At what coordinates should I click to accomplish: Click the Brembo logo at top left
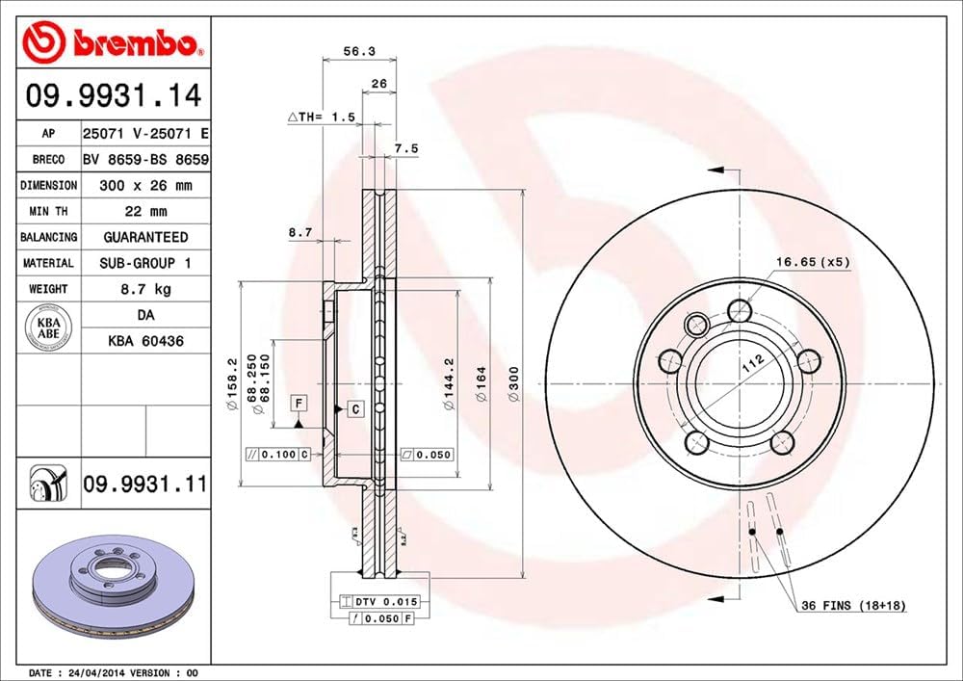click(114, 41)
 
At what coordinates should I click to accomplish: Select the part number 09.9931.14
click(114, 96)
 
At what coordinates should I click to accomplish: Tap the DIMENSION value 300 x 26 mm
click(146, 185)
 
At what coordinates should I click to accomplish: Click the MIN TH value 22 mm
click(146, 211)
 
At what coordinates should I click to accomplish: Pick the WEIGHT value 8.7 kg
click(146, 288)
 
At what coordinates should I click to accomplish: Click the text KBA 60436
click(146, 340)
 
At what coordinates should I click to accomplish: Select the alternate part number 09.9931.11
click(144, 485)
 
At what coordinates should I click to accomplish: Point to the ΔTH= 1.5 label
click(324, 117)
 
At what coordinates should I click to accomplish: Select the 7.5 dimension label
click(406, 148)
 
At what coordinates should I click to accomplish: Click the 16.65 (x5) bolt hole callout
click(814, 261)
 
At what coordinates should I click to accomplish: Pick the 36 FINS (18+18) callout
click(853, 606)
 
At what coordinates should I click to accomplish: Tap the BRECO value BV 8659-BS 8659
click(146, 159)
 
